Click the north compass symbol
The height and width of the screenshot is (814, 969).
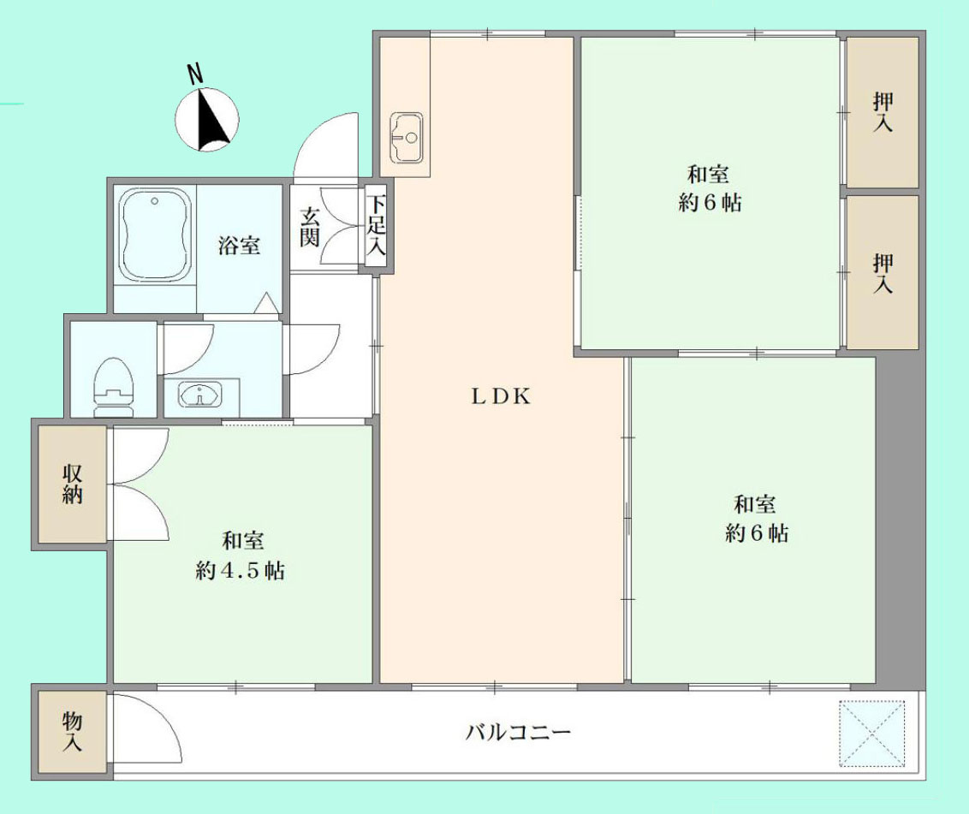206,120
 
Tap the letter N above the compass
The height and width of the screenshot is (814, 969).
195,74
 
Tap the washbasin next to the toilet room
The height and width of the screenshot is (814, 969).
199,395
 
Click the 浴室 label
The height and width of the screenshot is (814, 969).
239,246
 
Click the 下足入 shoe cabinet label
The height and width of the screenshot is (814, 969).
377,228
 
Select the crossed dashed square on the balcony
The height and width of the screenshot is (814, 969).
871,734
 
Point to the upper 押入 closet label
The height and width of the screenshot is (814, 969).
883,112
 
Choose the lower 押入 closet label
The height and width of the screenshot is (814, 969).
883,273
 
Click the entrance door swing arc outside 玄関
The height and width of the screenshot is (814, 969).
326,146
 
